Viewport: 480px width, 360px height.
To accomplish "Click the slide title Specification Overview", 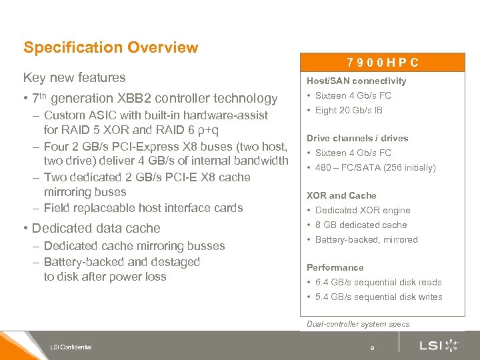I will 111,47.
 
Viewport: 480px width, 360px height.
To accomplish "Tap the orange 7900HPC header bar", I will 383,63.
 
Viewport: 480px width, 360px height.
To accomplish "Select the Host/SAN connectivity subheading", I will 356,81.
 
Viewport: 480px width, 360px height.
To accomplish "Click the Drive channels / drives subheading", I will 357,138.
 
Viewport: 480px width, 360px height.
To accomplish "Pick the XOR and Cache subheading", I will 341,195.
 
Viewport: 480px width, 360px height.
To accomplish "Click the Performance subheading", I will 335,267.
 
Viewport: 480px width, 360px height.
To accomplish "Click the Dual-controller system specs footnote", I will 358,324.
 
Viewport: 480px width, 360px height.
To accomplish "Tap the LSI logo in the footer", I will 439,345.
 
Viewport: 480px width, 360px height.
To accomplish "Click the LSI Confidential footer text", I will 71,346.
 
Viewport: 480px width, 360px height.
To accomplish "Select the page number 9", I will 373,347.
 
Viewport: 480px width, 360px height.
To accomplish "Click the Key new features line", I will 75,77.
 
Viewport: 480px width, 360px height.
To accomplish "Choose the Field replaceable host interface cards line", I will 143,207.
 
